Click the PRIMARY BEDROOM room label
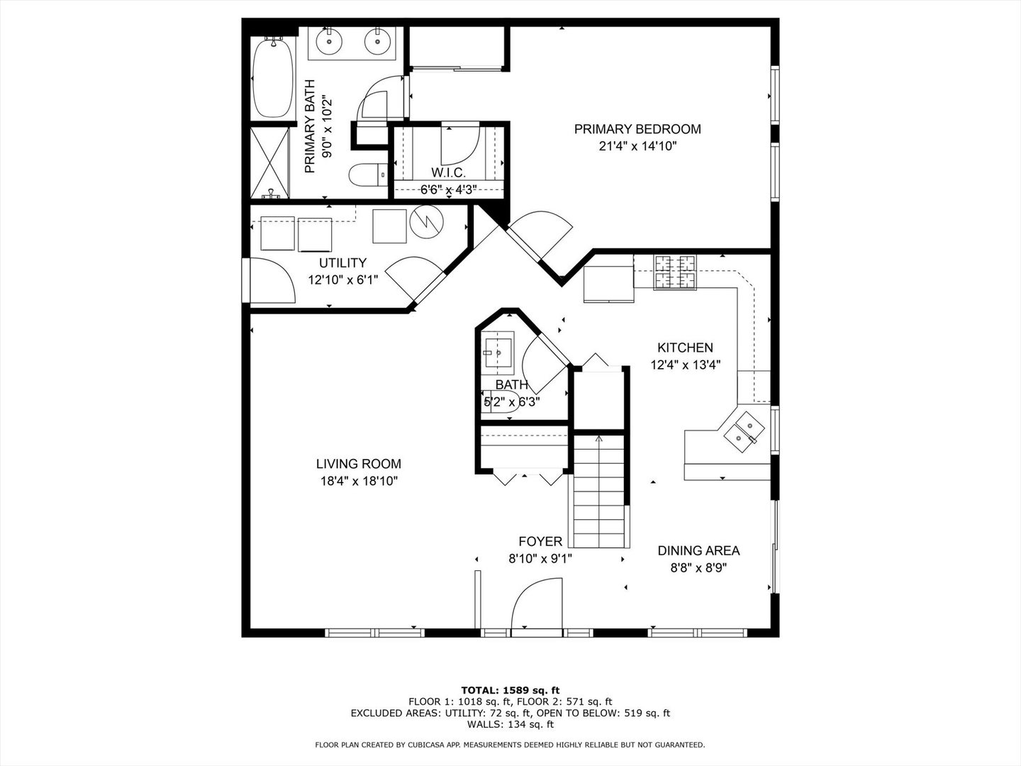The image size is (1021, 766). (637, 129)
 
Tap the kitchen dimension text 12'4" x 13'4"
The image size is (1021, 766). (685, 365)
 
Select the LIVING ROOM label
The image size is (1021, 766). (359, 464)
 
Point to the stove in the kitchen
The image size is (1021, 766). (675, 272)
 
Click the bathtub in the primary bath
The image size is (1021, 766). (273, 78)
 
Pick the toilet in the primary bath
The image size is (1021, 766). (368, 175)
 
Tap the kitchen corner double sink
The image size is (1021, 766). (744, 432)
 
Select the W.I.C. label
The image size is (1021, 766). (448, 173)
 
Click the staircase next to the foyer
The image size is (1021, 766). (598, 491)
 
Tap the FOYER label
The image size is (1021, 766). (540, 541)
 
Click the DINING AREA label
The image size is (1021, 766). (698, 550)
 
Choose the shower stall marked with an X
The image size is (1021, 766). (270, 163)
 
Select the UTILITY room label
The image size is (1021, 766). (342, 262)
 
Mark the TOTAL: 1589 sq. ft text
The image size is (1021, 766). (510, 690)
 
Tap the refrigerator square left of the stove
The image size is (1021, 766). (608, 284)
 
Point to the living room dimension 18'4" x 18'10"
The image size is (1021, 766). (359, 481)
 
